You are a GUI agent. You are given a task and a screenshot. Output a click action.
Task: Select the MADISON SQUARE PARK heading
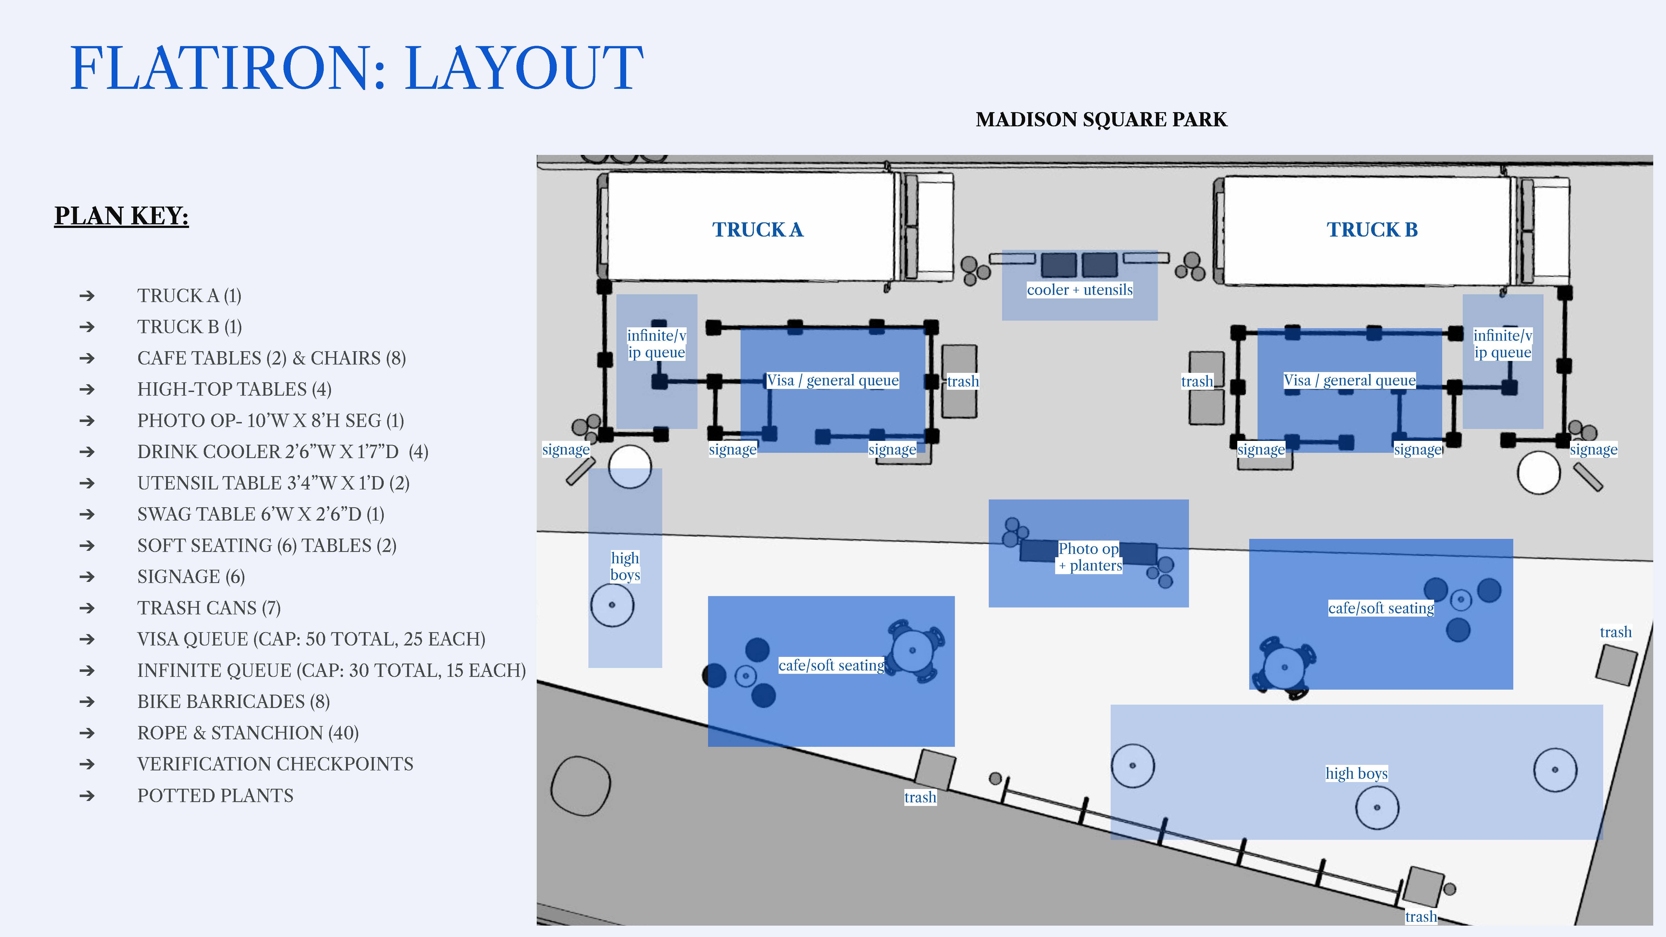pos(1102,120)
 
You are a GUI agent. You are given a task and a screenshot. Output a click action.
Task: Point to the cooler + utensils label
pos(1079,290)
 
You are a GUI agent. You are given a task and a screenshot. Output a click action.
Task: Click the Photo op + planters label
pos(1089,557)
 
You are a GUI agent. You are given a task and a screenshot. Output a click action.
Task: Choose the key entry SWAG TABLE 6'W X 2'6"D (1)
pos(261,514)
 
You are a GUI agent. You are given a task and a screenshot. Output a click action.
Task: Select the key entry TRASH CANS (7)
pos(209,608)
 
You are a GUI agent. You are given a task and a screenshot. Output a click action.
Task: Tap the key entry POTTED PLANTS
pos(215,795)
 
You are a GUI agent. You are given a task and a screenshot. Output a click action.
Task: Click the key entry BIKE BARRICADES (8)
pos(234,702)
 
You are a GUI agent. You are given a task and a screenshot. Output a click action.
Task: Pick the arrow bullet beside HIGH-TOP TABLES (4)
pos(87,389)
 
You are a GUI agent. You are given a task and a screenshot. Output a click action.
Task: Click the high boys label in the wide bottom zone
pos(1356,773)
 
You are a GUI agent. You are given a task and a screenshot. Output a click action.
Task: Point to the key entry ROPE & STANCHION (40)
pos(248,733)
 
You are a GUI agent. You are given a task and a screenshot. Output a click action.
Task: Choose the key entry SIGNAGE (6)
pos(191,577)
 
